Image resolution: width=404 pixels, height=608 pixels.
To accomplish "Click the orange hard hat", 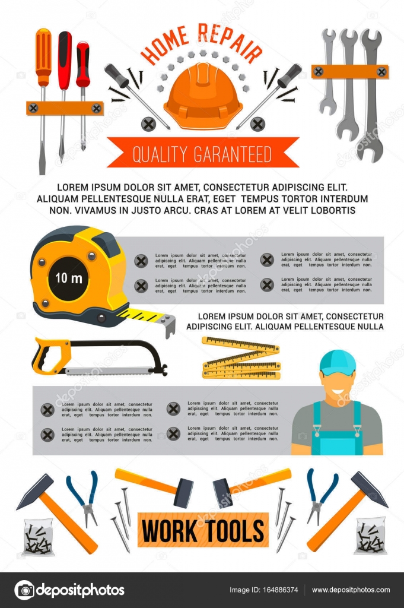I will point(203,96).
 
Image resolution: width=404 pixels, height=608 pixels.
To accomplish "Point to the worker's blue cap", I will point(337,362).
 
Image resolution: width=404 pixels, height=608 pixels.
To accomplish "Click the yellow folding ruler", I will point(241,358).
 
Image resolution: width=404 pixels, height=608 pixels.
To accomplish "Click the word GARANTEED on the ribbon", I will point(233,154).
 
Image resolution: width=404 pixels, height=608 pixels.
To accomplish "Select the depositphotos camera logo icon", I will point(24,590).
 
